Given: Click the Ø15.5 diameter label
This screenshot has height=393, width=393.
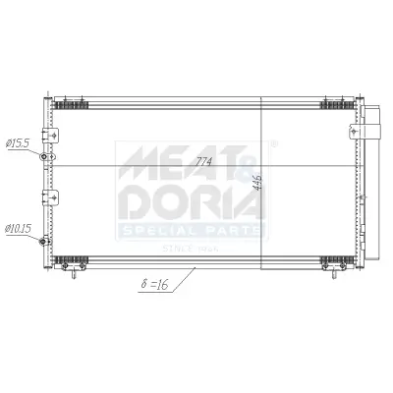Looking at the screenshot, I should point(20,143).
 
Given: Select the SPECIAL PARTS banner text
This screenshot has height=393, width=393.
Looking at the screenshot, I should point(192,229).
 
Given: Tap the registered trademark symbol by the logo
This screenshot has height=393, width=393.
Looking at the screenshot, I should point(273,143).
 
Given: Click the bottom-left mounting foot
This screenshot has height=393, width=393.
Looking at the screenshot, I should point(68,266).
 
